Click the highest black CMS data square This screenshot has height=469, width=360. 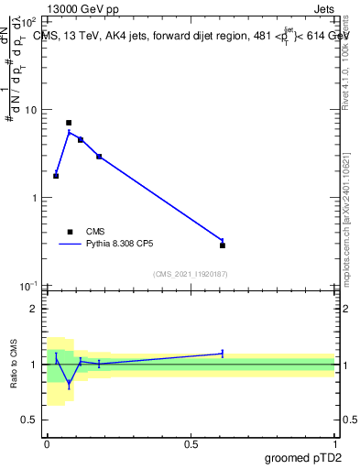pos(69,123)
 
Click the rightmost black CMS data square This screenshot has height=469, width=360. pos(223,245)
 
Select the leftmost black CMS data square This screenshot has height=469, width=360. pos(56,175)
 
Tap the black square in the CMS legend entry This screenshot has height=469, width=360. pos(70,232)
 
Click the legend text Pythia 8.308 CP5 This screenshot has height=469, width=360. pos(123,245)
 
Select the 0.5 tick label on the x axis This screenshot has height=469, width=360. pos(191,444)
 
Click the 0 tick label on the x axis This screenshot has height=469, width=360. pos(47,444)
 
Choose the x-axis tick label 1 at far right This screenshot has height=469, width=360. pos(335,444)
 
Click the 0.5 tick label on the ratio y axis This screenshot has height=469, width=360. pos(29,420)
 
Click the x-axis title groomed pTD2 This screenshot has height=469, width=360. pos(303,457)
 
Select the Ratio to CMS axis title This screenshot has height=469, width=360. pos(14,364)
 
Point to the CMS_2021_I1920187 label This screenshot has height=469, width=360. pos(191,273)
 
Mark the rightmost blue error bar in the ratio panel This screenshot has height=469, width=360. pos(223,353)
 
